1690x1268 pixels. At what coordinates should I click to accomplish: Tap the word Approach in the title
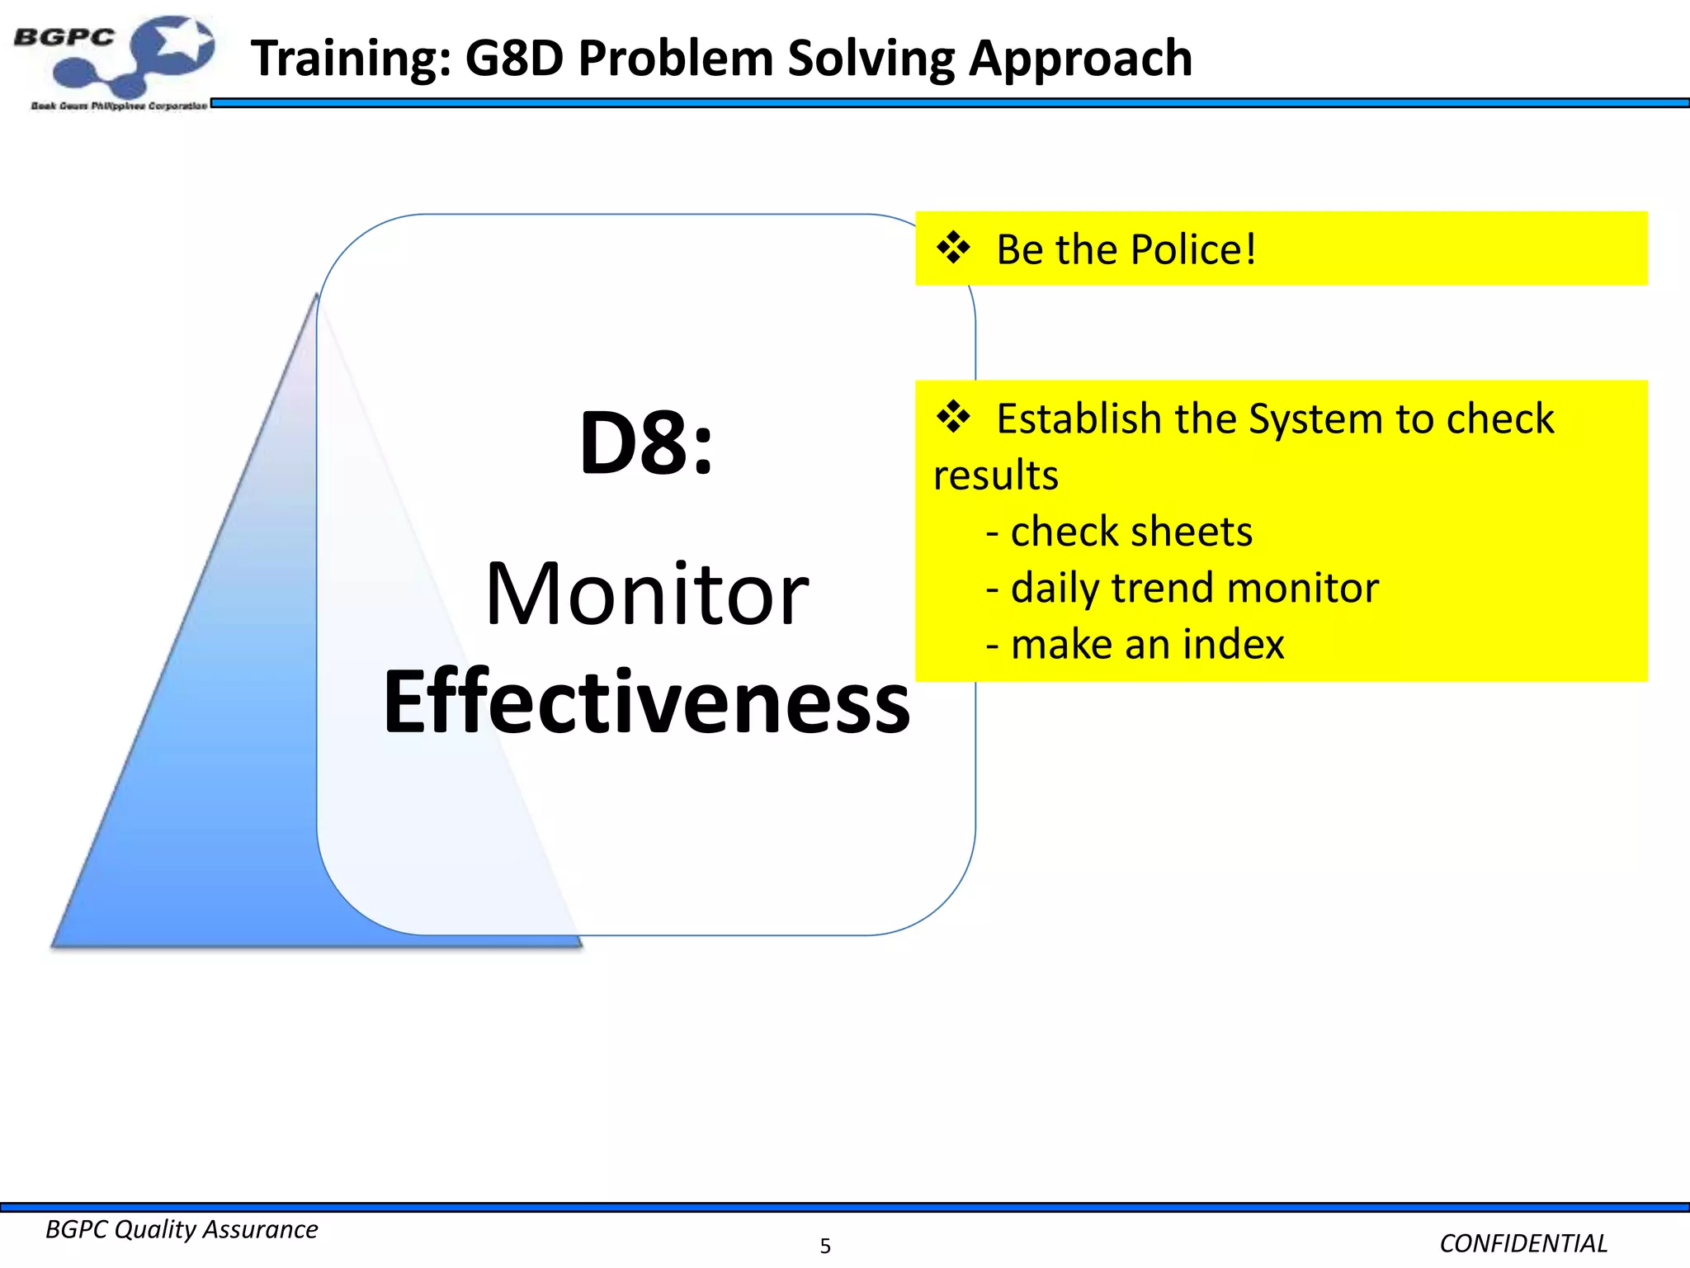[x=1081, y=59]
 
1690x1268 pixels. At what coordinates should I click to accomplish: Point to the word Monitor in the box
[x=647, y=594]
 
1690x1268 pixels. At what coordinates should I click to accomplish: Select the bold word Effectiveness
[x=647, y=702]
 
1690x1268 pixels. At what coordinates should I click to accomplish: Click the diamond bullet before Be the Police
[x=953, y=248]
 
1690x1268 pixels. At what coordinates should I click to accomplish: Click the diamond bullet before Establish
[x=953, y=417]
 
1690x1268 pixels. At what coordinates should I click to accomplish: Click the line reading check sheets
[x=1131, y=531]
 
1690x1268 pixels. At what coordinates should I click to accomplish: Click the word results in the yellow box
[x=996, y=475]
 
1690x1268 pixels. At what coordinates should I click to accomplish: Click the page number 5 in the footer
[x=825, y=1246]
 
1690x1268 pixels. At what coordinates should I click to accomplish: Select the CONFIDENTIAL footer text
[x=1523, y=1243]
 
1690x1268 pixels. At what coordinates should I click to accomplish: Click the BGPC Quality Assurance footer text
[x=182, y=1229]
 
